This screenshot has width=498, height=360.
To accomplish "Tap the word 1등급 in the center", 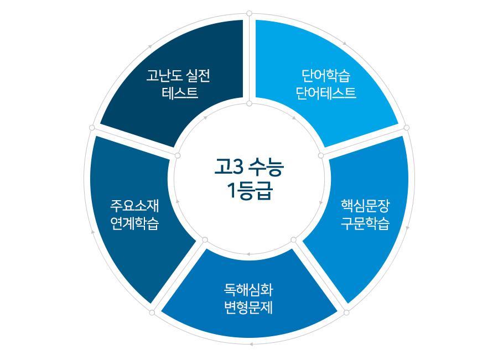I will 249,191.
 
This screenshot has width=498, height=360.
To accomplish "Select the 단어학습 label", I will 326,75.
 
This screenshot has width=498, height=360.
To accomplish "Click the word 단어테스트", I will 326,92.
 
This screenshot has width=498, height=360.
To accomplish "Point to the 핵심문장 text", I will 365,207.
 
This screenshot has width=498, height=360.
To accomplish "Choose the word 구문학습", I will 365,224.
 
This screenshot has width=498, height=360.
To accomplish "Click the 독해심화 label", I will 248,289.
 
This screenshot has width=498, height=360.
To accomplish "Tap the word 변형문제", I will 248,307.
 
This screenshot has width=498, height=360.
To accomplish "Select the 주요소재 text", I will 134,206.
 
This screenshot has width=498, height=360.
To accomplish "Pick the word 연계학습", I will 134,224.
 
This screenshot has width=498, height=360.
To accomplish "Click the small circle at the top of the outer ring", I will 249,13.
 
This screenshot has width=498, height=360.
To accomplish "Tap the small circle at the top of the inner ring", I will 249,103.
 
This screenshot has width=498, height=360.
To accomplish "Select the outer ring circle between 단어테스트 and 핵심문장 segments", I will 407,128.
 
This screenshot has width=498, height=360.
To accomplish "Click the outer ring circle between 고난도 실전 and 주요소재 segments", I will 92,128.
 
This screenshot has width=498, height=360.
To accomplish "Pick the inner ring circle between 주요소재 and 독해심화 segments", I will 205,239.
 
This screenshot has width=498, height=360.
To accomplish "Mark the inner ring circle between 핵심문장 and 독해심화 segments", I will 293,239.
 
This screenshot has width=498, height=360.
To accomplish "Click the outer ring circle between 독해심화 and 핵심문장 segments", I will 346,312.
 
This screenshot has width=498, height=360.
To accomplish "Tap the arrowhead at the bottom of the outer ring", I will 251,345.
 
